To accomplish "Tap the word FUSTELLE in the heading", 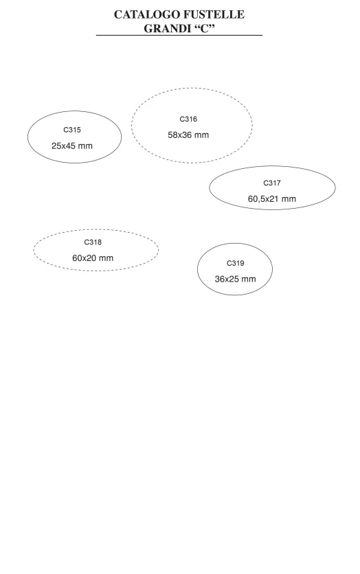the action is (214, 14).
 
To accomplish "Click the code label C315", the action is (72, 130).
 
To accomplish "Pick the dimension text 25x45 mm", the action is (72, 146).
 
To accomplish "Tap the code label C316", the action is (188, 119).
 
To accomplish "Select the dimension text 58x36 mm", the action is (188, 135).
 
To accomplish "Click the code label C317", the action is (272, 183).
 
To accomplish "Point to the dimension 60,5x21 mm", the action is (272, 199).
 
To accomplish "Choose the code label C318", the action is (93, 242).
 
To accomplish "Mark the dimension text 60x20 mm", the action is (93, 257).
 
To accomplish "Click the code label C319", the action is (235, 263).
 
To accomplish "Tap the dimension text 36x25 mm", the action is (235, 279).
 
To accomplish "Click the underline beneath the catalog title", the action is (179, 35).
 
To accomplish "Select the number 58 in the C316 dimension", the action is (172, 135).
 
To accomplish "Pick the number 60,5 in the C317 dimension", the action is (256, 199).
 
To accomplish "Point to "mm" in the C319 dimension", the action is (249, 279).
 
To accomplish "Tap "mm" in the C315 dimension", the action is (85, 146).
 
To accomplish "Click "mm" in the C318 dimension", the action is (106, 258).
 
